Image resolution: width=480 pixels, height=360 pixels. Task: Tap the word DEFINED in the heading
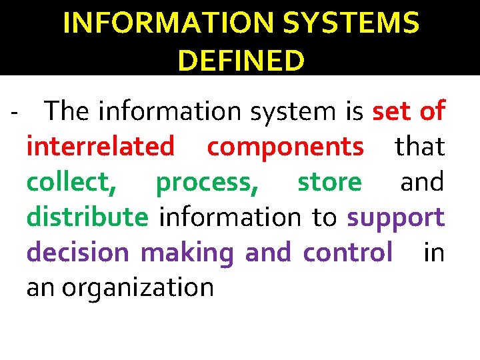pyautogui.click(x=241, y=61)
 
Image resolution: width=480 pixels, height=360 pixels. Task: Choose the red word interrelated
pyautogui.click(x=101, y=146)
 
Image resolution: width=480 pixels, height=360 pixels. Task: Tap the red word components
pyautogui.click(x=285, y=146)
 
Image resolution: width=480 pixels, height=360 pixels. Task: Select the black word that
pyautogui.click(x=420, y=146)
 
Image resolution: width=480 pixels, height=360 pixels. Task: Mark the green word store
pyautogui.click(x=329, y=181)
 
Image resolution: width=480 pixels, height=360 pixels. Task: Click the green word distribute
pyautogui.click(x=87, y=217)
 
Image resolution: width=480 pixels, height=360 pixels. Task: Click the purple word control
pyautogui.click(x=347, y=252)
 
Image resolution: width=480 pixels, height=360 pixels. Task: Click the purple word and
pyautogui.click(x=268, y=252)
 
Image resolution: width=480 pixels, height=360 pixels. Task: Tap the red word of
pyautogui.click(x=433, y=111)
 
